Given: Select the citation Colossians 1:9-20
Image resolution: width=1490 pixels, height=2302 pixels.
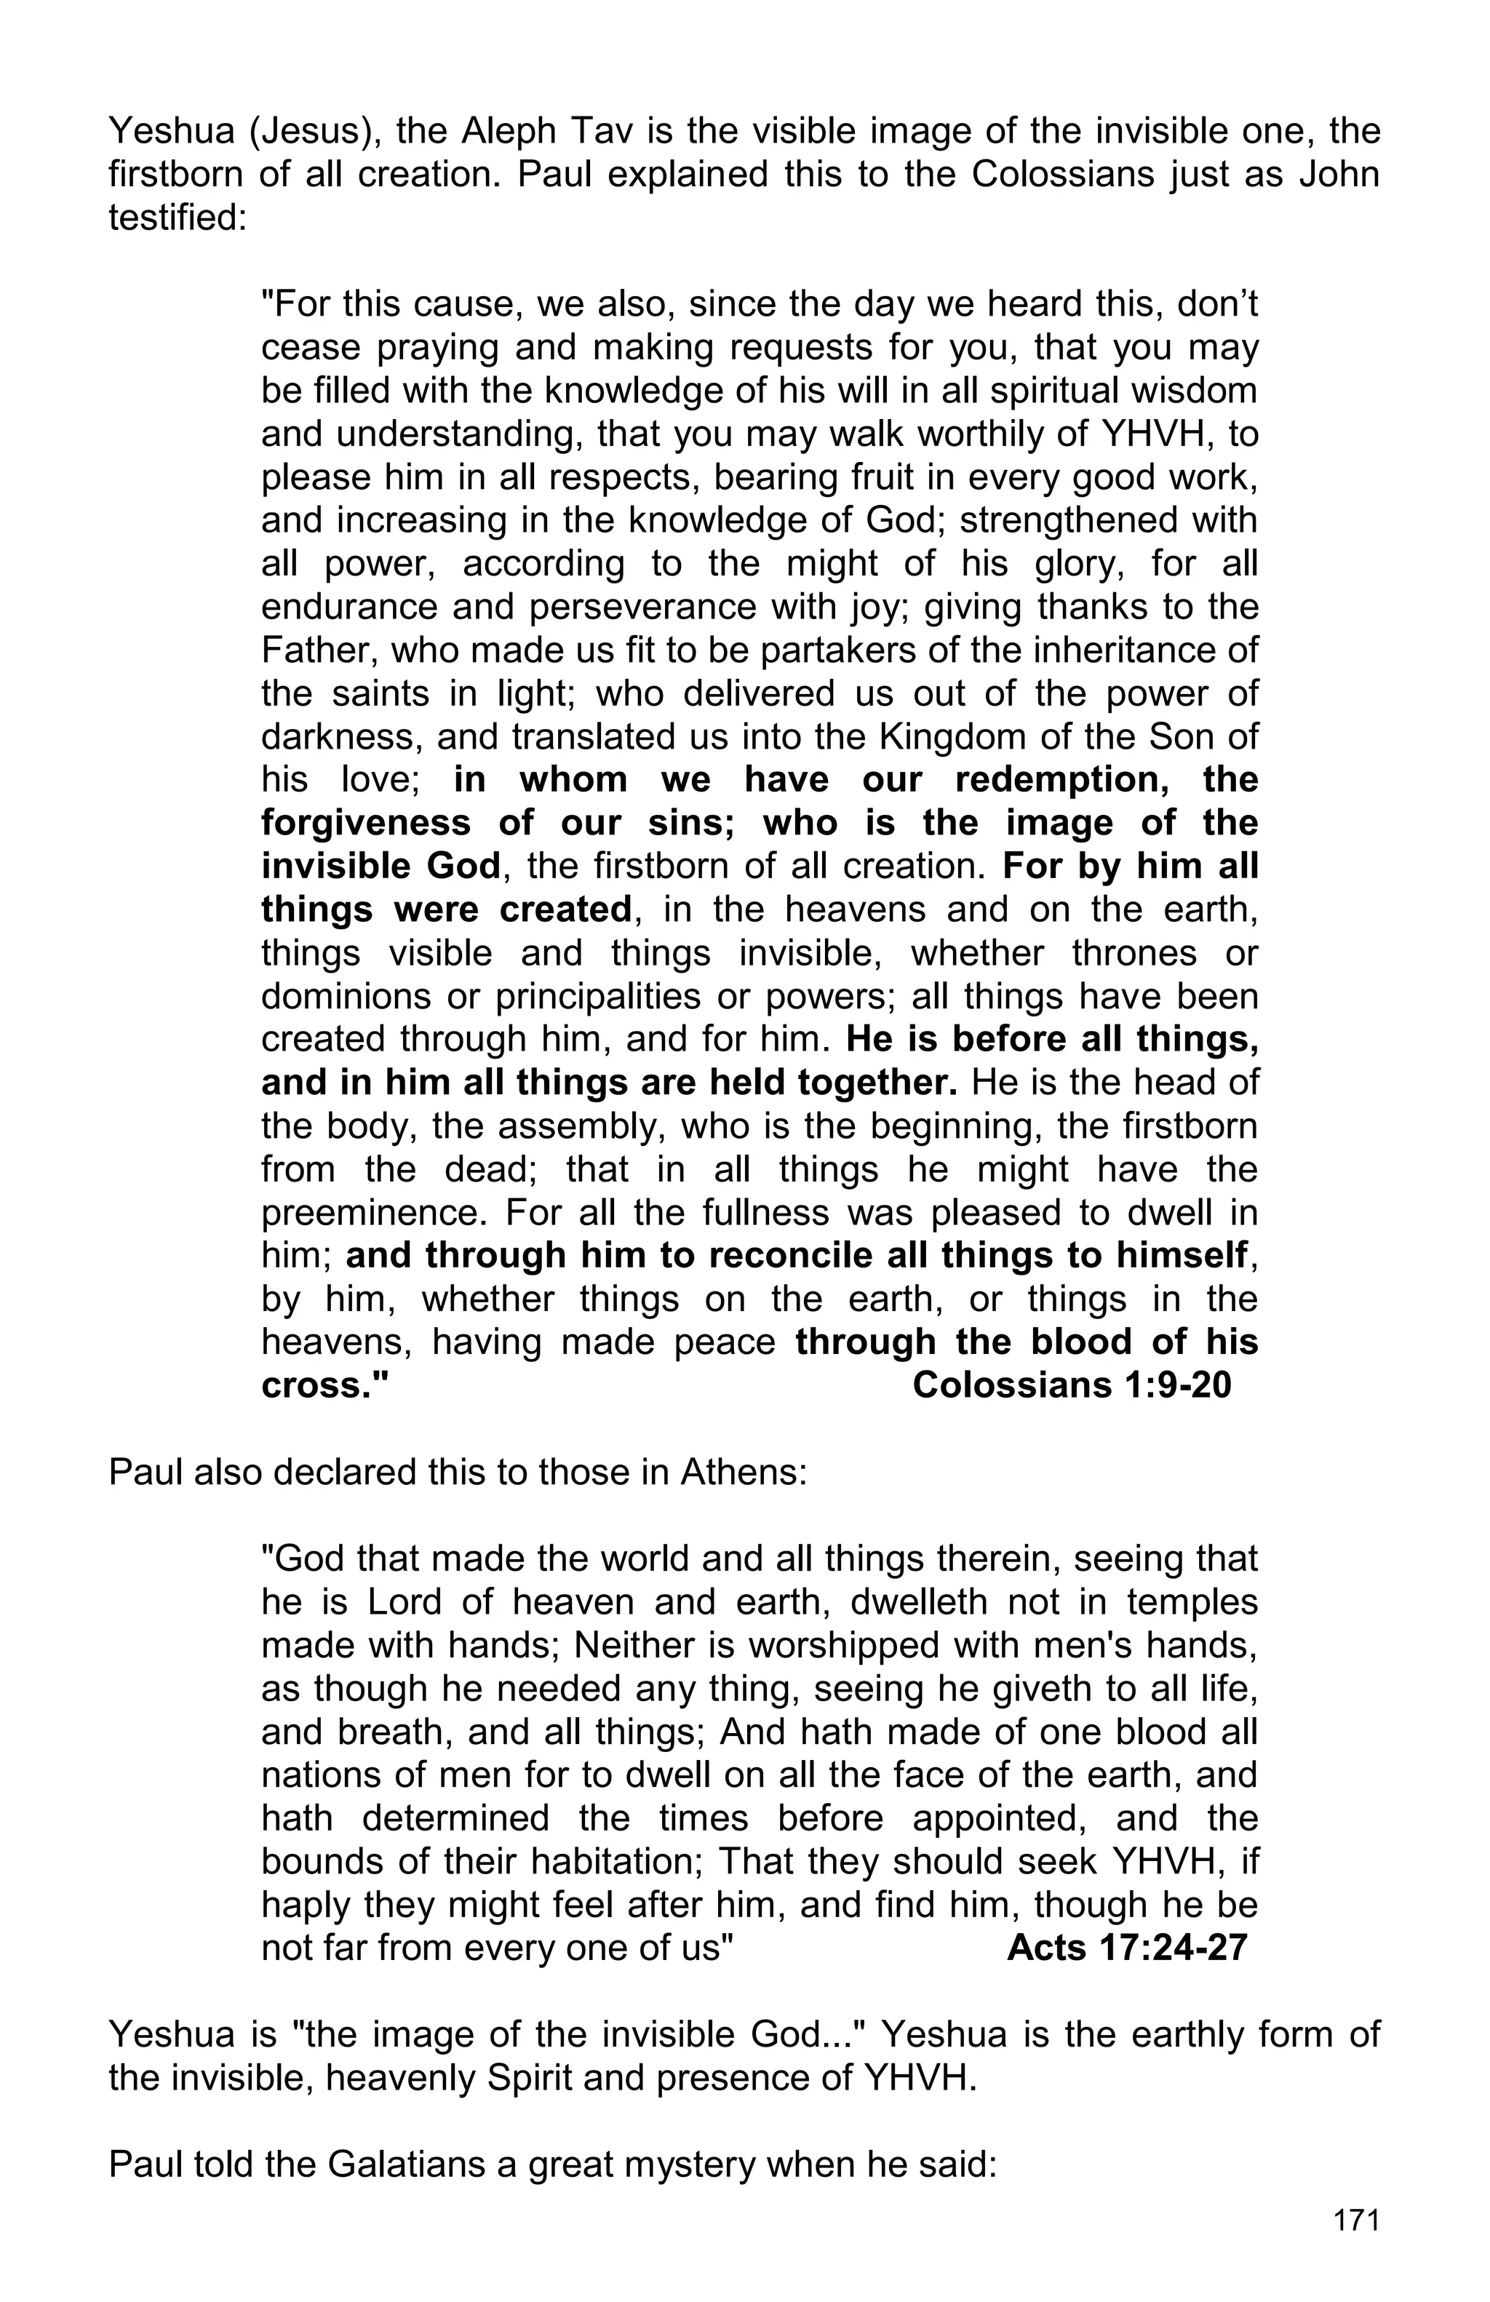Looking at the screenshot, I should [x=1072, y=1385].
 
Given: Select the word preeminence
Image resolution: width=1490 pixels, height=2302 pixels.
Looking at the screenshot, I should [x=371, y=1212].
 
